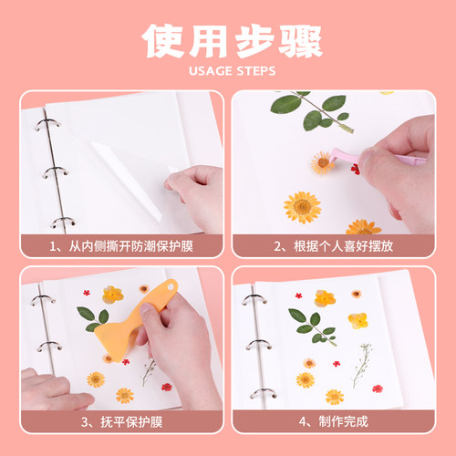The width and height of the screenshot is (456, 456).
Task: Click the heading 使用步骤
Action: (228, 41)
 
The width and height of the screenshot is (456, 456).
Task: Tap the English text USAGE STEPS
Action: (228, 71)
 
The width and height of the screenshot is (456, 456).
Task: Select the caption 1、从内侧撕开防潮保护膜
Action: (122, 245)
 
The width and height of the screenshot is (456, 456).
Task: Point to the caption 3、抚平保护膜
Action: (122, 420)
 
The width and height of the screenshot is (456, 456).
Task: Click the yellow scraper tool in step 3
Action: (146, 296)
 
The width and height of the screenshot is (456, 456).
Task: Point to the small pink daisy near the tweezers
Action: (322, 163)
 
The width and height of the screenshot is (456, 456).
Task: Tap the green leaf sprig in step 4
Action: (311, 323)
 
